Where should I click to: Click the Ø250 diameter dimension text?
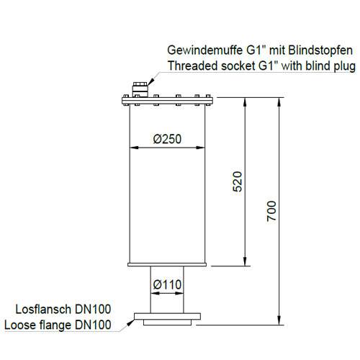(x=167, y=139)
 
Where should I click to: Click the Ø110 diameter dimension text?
(x=167, y=284)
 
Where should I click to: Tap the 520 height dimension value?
(x=238, y=181)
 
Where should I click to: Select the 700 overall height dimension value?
(x=271, y=211)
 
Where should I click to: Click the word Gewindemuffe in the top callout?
(x=205, y=50)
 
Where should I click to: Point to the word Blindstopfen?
(x=320, y=50)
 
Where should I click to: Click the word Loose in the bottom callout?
(x=20, y=325)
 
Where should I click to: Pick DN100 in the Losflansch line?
(x=93, y=309)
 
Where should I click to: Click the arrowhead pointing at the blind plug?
(x=150, y=82)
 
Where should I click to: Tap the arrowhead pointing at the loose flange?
(x=130, y=323)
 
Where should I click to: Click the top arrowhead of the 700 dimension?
(x=279, y=102)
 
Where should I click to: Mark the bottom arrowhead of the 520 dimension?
(x=245, y=261)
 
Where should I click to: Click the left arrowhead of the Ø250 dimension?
(x=134, y=148)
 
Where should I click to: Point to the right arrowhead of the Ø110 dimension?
(x=179, y=293)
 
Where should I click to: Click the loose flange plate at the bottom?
(x=167, y=316)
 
